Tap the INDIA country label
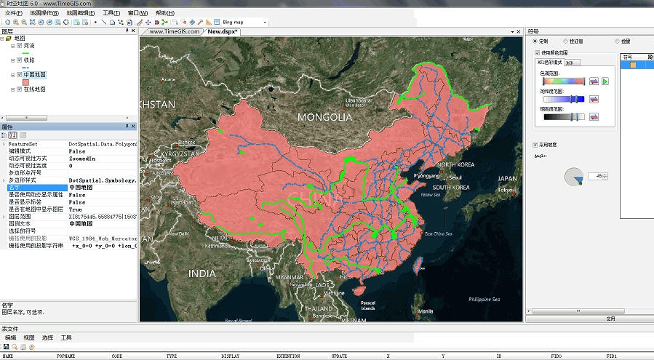(202, 273)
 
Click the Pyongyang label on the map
(427, 176)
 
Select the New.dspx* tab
(223, 31)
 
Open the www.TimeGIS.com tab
(175, 31)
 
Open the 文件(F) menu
(13, 13)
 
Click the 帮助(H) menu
(164, 13)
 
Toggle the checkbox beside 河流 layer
(19, 45)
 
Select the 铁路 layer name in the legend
(30, 60)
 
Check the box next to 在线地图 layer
(19, 89)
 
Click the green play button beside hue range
(605, 81)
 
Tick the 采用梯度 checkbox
(535, 145)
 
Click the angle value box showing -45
(600, 176)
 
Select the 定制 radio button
(535, 41)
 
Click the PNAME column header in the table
(65, 356)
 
